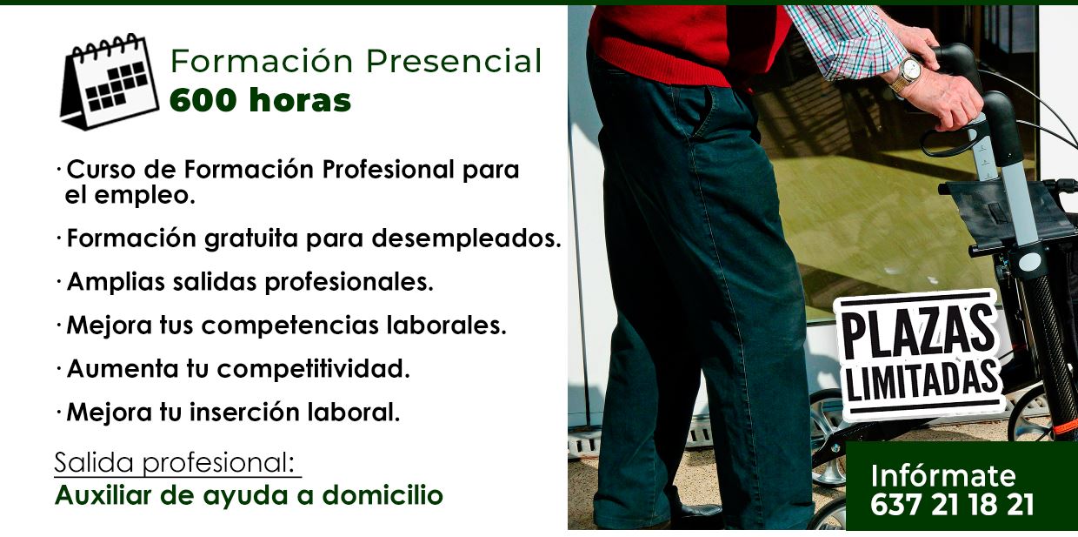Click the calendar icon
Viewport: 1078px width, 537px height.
pyautogui.click(x=110, y=82)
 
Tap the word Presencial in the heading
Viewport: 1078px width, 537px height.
pyautogui.click(x=454, y=61)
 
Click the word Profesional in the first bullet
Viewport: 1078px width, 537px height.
pyautogui.click(x=389, y=169)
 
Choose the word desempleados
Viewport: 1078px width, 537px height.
pyautogui.click(x=466, y=238)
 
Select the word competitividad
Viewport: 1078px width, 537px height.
pyautogui.click(x=313, y=369)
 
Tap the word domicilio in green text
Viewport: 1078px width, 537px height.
pyautogui.click(x=383, y=495)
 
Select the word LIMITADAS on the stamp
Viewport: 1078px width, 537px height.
pyautogui.click(x=922, y=381)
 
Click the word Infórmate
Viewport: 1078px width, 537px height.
pyautogui.click(x=942, y=476)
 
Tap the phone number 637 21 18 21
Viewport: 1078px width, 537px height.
pyautogui.click(x=952, y=505)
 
